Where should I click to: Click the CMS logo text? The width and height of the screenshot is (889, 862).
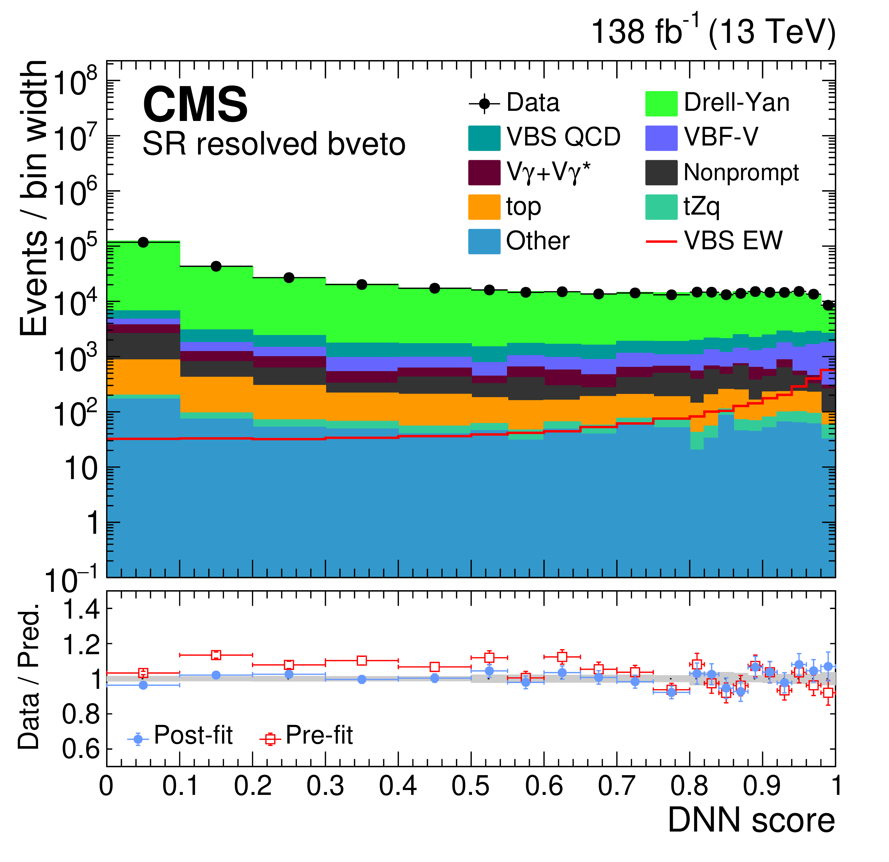click(x=195, y=105)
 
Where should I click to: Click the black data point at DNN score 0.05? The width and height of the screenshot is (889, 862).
click(x=143, y=242)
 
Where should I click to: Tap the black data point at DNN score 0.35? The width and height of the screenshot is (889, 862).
click(x=361, y=285)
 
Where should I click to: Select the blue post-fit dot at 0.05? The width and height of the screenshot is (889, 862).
click(x=143, y=685)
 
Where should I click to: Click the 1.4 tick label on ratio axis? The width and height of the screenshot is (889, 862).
click(x=81, y=610)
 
